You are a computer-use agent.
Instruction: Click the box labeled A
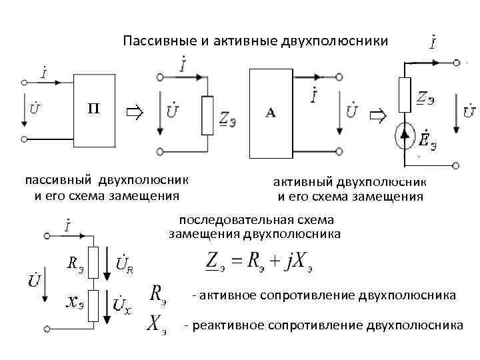point(271,113)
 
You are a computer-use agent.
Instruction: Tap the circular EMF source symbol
point(405,135)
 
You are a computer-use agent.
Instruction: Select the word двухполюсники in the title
point(341,41)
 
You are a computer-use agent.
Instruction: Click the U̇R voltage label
point(125,264)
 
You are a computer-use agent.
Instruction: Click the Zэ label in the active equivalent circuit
point(426,97)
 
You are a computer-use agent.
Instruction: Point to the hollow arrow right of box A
point(378,117)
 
